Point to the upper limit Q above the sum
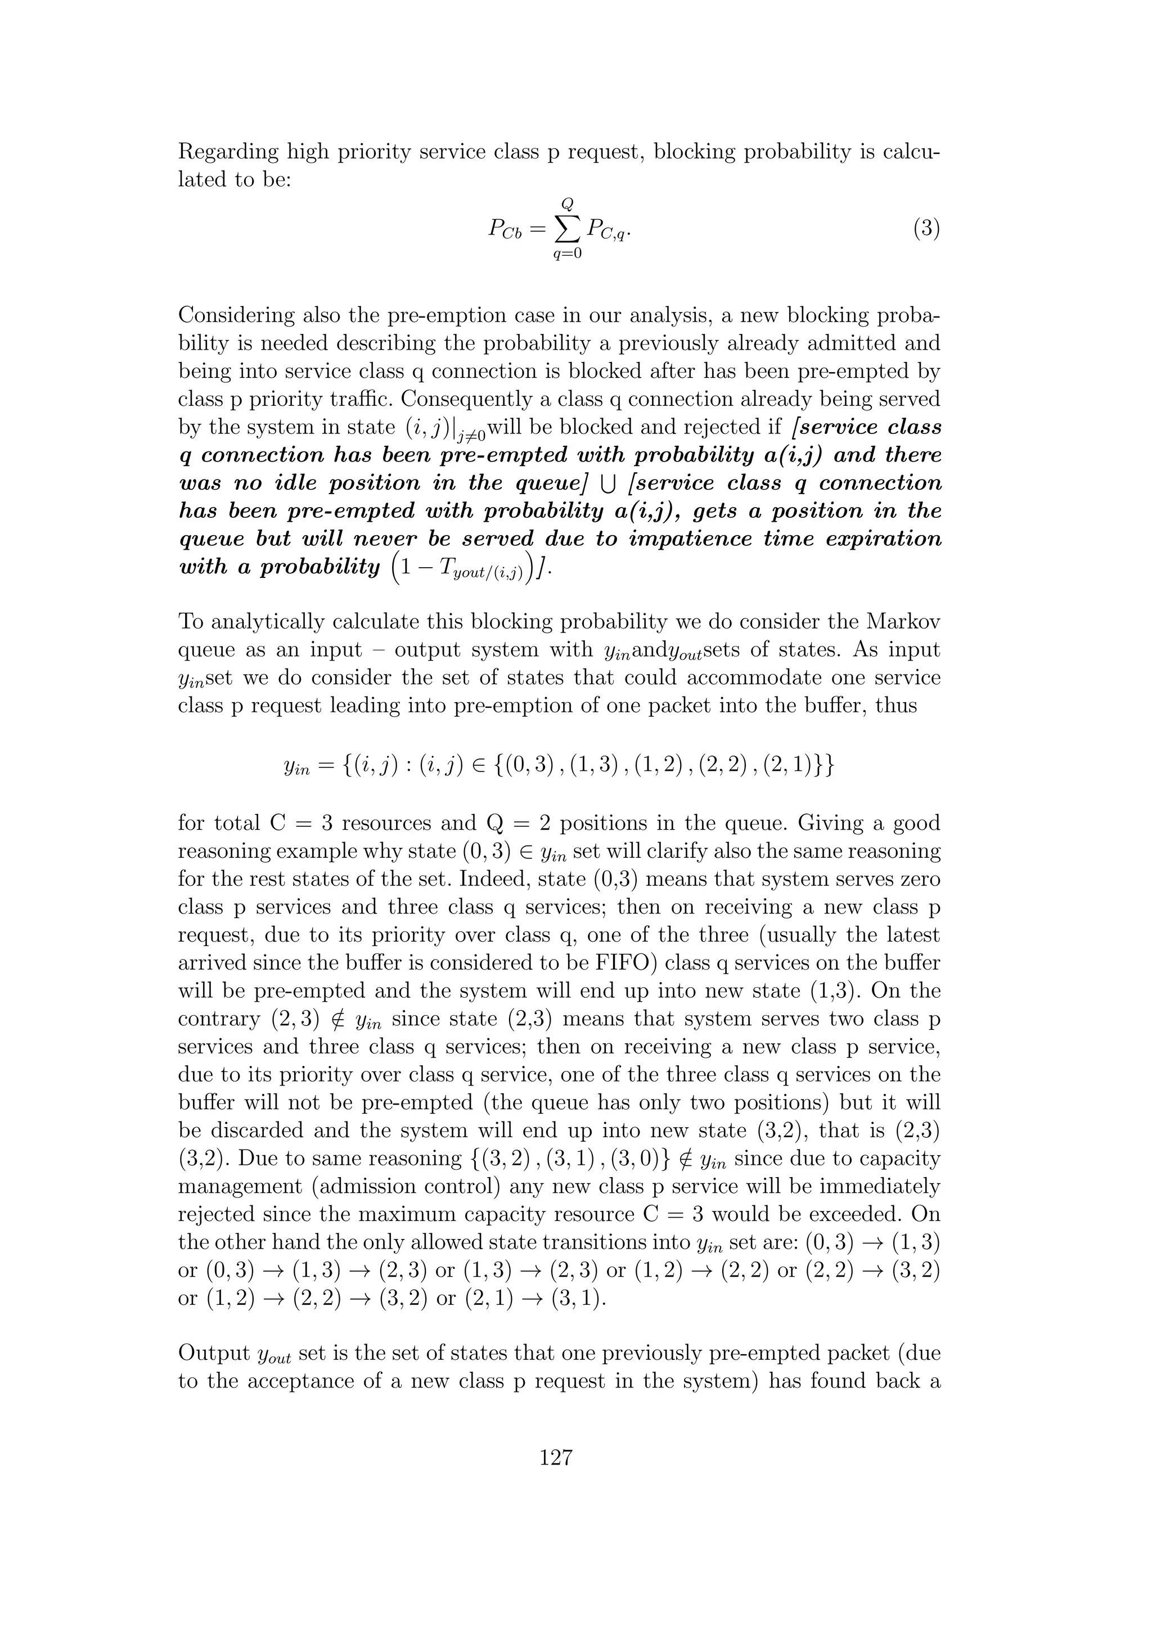567,203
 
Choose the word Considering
236,315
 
